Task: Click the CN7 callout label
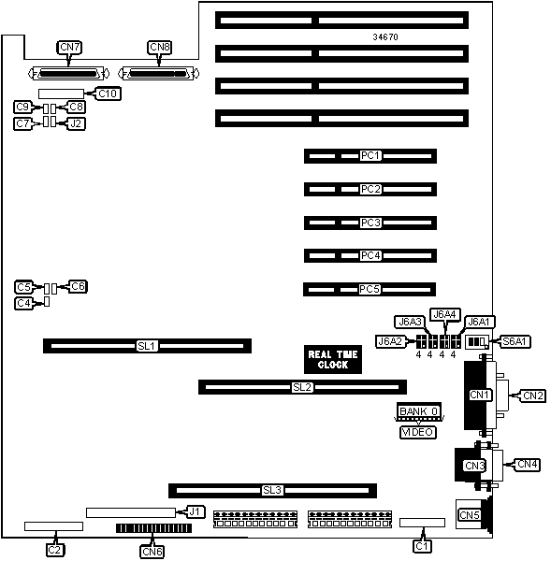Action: [x=69, y=48]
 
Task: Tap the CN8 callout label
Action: [x=160, y=48]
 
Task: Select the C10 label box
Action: [x=108, y=93]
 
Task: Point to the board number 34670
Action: [x=385, y=36]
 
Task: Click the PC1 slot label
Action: [x=370, y=155]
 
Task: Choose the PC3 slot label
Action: [x=370, y=223]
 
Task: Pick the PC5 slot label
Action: [x=370, y=289]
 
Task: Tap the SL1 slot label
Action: [x=147, y=346]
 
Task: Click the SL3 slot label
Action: [x=272, y=490]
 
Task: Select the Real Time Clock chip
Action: [x=333, y=360]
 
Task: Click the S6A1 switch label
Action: [x=515, y=341]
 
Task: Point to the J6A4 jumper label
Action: [x=444, y=314]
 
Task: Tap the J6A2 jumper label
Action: [x=390, y=341]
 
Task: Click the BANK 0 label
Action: [x=419, y=411]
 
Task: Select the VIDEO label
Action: [x=418, y=432]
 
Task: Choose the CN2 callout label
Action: [x=533, y=396]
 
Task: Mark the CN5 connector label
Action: [x=470, y=515]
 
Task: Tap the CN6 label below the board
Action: [x=152, y=552]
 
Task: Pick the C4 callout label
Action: [x=24, y=303]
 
